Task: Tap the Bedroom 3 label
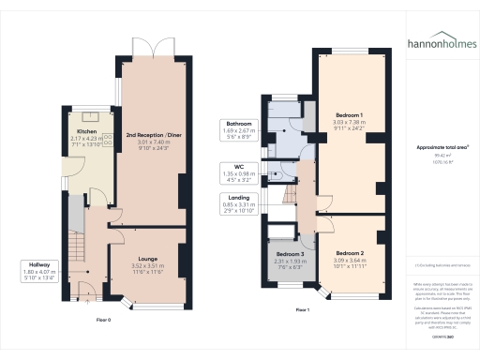[290, 254]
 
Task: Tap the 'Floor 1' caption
[302, 308]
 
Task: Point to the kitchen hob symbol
[106, 141]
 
